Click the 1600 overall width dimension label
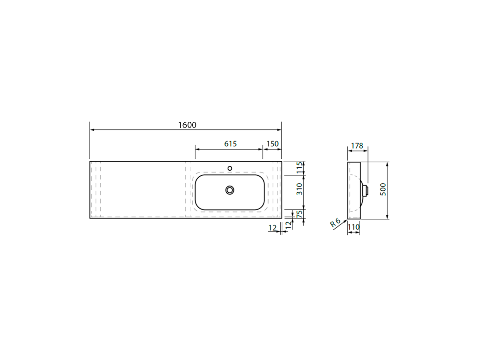tap(187, 125)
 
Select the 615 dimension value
tap(231, 143)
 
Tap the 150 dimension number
tap(272, 143)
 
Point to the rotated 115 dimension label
tap(300, 167)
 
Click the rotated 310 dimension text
tap(300, 189)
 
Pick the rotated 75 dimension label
tap(300, 214)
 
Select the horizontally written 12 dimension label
tap(272, 228)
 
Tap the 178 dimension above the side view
tap(357, 146)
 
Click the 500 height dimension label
tap(382, 189)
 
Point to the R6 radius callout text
tap(335, 222)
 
